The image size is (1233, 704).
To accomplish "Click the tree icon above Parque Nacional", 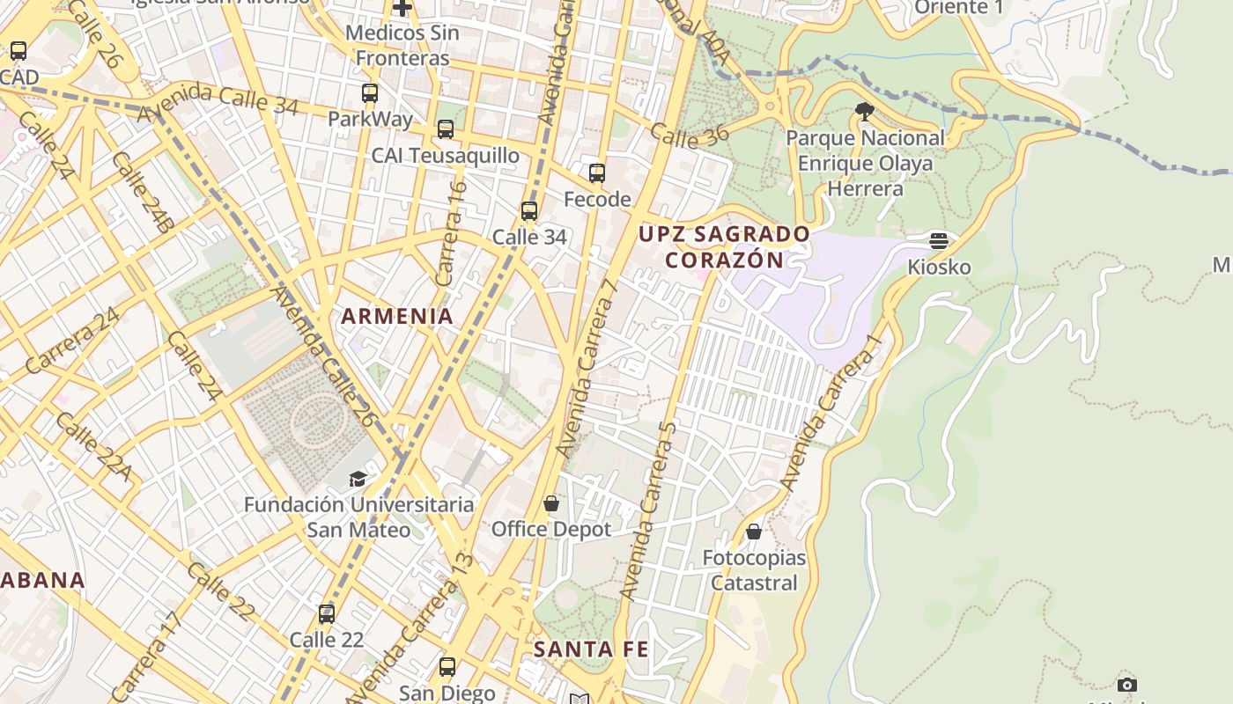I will pos(865,111).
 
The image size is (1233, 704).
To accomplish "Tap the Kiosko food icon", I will pos(939,240).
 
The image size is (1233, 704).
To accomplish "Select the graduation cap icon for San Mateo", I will pos(358,479).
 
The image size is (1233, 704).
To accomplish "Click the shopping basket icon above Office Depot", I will pos(551,503).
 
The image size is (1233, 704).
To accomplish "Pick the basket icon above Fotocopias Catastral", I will pos(754,532).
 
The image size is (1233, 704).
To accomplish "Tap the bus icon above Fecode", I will pos(597,173).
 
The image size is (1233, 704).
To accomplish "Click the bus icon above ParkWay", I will pos(370,92).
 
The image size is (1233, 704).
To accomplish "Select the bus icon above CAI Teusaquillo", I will pos(446,129).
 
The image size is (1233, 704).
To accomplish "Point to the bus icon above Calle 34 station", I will pos(529,211).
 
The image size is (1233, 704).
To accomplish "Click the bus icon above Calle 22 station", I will pos(327,613).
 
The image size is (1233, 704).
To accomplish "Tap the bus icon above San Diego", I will pos(447,666).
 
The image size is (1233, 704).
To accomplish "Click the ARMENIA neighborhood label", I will pos(397,316).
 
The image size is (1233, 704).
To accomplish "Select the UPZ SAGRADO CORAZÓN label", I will pos(724,247).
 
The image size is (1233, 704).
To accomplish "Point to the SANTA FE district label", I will pos(591,649).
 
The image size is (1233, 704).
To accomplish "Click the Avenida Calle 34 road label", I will pos(218,99).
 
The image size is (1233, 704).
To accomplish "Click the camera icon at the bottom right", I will pos(1126,685).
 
